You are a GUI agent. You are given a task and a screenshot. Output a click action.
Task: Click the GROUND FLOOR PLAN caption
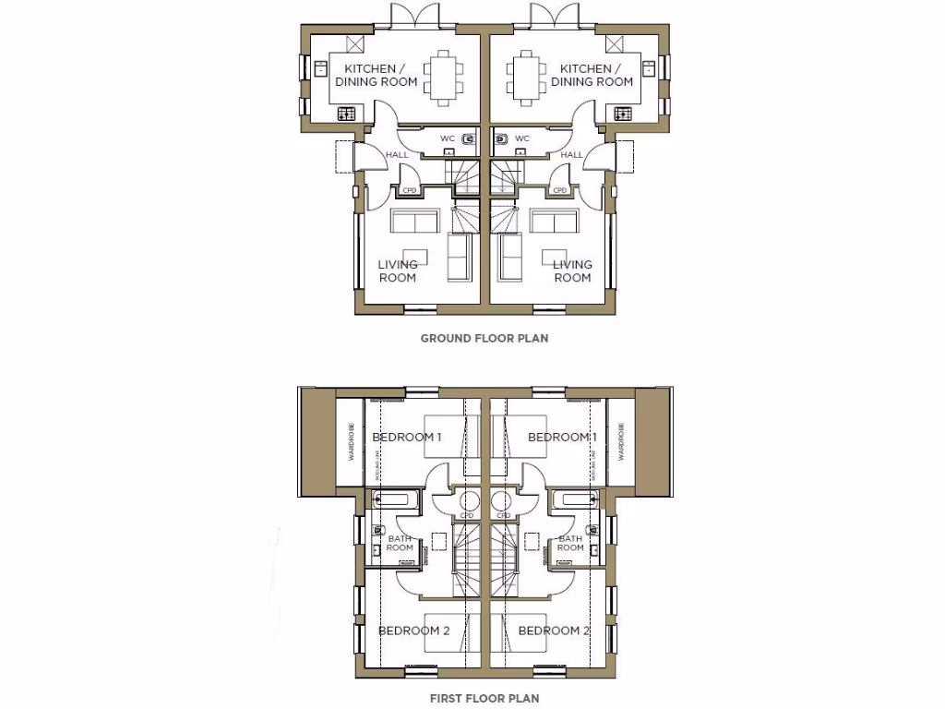pos(484,338)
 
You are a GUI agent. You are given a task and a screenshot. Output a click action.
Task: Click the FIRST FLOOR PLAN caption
pos(484,699)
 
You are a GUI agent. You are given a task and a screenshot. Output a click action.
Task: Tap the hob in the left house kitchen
pos(347,114)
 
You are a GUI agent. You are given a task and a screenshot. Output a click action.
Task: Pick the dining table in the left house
pos(440,75)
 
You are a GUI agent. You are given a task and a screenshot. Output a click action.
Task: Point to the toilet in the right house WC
pos(501,139)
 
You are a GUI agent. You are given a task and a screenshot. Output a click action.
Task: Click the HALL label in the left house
pos(397,155)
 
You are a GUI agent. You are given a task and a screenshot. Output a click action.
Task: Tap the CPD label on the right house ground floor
pos(559,191)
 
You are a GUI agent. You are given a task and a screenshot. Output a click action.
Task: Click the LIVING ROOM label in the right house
pos(571,271)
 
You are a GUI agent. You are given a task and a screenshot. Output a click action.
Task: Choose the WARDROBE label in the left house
pos(350,441)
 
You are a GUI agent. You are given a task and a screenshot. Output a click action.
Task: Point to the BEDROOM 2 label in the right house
pos(554,631)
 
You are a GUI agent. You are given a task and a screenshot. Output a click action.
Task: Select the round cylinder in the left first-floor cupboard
pos(468,502)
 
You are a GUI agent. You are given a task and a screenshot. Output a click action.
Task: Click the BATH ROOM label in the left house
pos(400,543)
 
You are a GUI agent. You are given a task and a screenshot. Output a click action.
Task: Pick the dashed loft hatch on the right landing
pos(532,543)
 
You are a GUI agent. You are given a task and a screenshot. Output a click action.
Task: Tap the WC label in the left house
pos(447,139)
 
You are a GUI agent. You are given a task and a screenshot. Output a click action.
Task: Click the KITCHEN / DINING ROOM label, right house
pos(592,75)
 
